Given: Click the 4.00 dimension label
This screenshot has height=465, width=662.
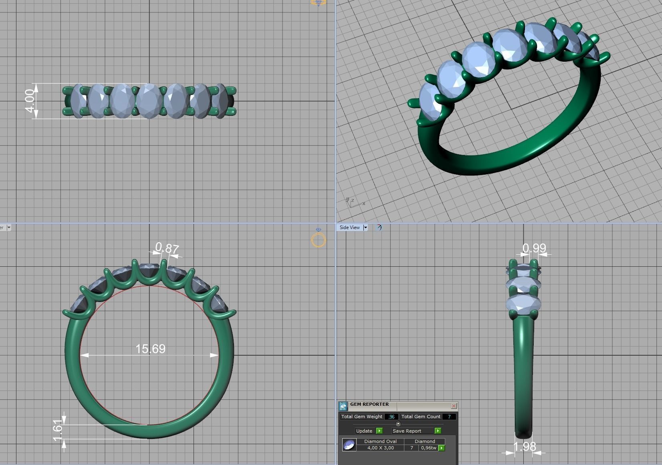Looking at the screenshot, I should (29, 101).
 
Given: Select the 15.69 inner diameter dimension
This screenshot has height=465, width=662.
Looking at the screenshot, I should (150, 349).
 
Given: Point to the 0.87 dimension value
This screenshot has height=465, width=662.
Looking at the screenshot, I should (167, 248).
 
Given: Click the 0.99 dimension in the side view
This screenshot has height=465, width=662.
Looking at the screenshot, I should (534, 248).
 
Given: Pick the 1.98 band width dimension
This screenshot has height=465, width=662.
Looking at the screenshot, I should (525, 447).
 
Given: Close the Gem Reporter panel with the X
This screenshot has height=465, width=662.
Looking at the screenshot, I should (454, 406).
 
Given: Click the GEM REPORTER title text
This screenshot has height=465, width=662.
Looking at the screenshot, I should (369, 405).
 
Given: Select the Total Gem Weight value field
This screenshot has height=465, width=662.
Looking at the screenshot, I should (391, 417).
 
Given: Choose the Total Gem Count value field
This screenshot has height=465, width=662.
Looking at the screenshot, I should (449, 417).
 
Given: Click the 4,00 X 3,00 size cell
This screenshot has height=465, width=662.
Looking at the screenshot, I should (380, 448).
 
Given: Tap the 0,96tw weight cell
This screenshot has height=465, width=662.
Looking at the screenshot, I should (428, 448).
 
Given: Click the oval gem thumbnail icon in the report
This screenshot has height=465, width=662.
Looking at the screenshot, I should (349, 445).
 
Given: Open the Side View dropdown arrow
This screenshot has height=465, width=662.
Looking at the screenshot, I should (365, 227).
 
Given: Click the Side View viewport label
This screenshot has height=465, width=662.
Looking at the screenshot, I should (349, 227).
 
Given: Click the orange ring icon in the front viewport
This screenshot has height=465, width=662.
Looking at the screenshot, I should (319, 240).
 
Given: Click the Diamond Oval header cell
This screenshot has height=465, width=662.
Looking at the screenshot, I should (380, 441).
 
